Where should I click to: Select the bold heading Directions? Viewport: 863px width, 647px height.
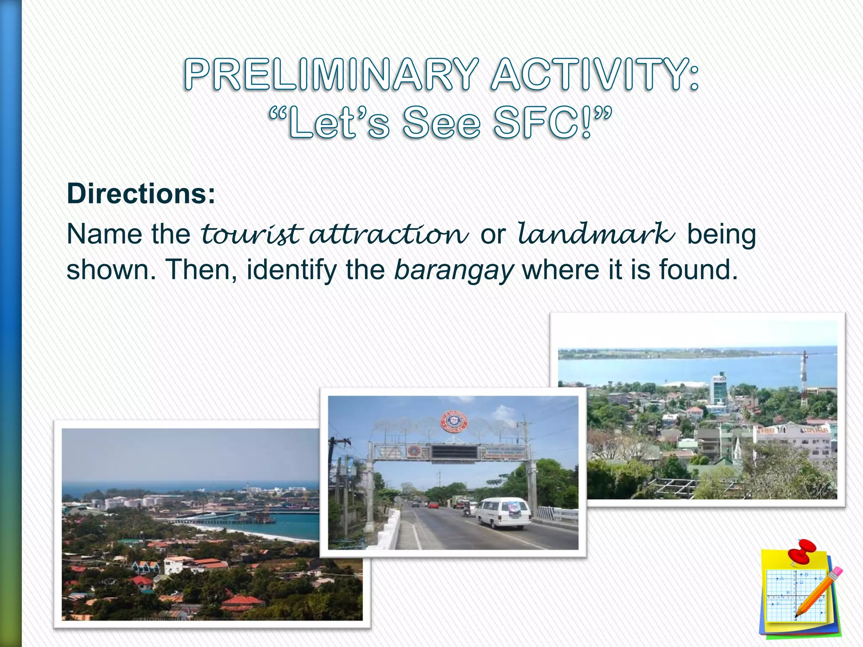(141, 194)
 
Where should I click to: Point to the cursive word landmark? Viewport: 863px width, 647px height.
(596, 234)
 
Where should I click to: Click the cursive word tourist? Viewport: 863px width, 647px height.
(252, 234)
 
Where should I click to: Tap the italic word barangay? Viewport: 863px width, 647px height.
(454, 270)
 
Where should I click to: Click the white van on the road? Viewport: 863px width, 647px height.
(504, 513)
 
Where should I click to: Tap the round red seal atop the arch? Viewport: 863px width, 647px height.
(454, 421)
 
